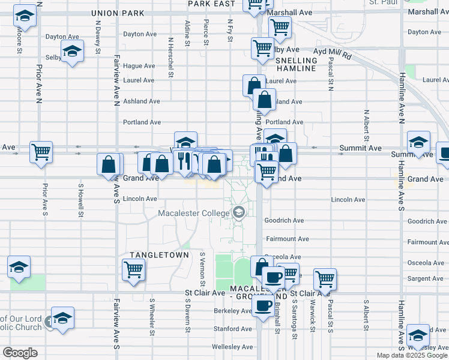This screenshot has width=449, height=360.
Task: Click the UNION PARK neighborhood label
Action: pos(117,13)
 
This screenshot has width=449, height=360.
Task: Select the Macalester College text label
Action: pos(194,214)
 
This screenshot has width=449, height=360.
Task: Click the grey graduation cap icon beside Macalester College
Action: pos(239,213)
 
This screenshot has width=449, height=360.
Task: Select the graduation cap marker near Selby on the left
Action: pos(72,53)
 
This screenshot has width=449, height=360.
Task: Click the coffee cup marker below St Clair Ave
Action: pos(262,307)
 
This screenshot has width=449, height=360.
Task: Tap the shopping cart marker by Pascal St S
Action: pos(325,278)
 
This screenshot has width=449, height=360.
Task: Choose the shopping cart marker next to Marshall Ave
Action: pos(279,26)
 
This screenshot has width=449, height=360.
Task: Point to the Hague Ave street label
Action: pos(139,66)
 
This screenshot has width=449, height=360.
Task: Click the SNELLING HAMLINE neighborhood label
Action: pos(296,65)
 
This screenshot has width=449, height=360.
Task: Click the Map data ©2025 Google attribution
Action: pos(411,355)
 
